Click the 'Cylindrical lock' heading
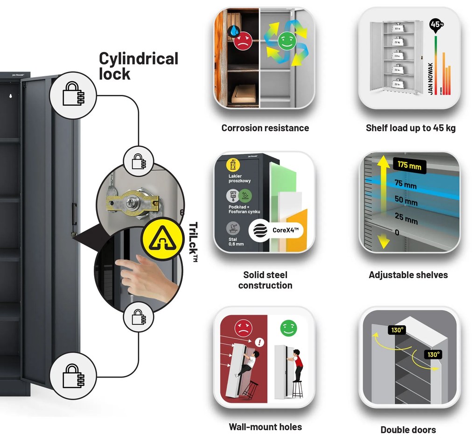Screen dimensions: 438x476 138,66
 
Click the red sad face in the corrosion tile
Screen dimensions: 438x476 243,41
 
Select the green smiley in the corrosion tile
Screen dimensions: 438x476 284,41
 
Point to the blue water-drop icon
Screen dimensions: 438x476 234,31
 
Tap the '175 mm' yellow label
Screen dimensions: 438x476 410,165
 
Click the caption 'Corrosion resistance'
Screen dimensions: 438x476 265,128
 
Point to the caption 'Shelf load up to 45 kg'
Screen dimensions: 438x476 411,128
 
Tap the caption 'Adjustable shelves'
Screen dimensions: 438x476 408,275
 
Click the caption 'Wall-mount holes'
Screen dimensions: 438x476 265,427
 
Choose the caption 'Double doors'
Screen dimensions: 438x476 408,430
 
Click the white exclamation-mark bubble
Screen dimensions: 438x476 260,343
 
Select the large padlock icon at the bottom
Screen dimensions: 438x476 73,376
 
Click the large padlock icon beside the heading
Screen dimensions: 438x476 73,94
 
